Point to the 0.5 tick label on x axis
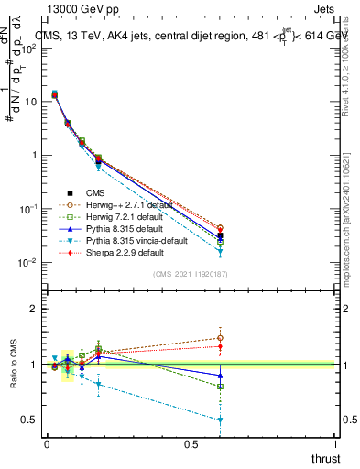[191, 444]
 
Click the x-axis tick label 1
[335, 444]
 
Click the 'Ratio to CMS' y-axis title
[15, 365]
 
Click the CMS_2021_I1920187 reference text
[191, 275]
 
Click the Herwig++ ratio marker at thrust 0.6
[220, 338]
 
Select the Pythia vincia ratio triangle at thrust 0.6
[220, 420]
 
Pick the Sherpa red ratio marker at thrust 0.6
[220, 346]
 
